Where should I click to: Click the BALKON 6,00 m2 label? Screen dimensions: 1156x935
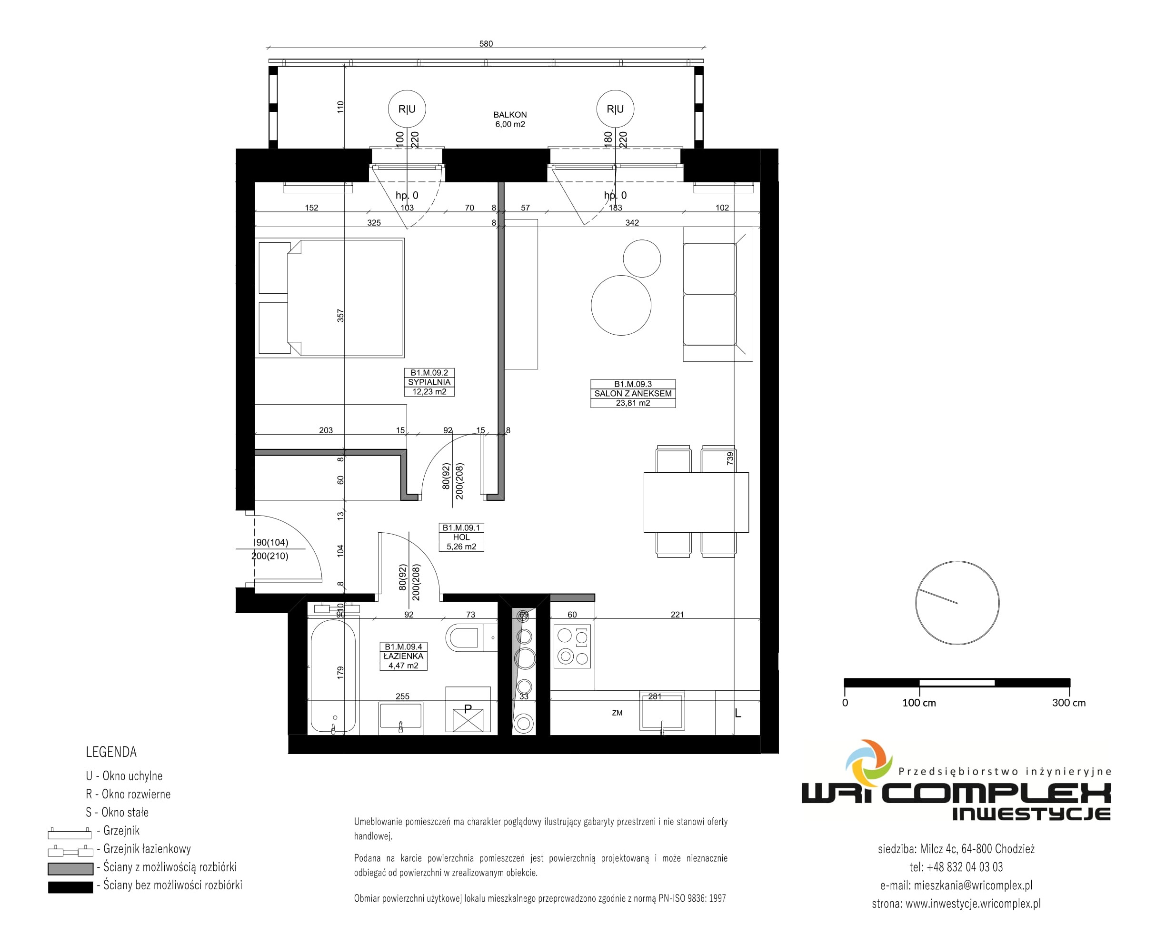(x=509, y=119)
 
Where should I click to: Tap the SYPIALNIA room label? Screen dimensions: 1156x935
(x=429, y=382)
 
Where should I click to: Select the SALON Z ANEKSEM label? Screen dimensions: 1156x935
(x=632, y=393)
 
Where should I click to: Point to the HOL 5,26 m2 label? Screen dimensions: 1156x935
(x=461, y=537)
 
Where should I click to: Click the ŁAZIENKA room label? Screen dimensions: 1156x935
(x=403, y=656)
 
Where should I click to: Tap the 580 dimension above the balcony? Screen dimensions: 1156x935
(x=486, y=44)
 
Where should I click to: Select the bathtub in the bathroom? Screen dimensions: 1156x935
(x=333, y=676)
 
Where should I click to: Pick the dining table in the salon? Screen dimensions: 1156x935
(x=696, y=502)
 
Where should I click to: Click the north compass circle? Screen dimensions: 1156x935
(x=957, y=561)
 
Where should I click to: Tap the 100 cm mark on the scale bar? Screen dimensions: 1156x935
(x=919, y=703)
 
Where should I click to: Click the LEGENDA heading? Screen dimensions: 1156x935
(x=111, y=752)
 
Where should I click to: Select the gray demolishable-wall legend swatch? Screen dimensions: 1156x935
(x=70, y=868)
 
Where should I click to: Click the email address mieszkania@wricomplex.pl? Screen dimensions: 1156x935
(x=973, y=885)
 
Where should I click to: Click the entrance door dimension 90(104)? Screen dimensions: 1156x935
(x=272, y=542)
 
